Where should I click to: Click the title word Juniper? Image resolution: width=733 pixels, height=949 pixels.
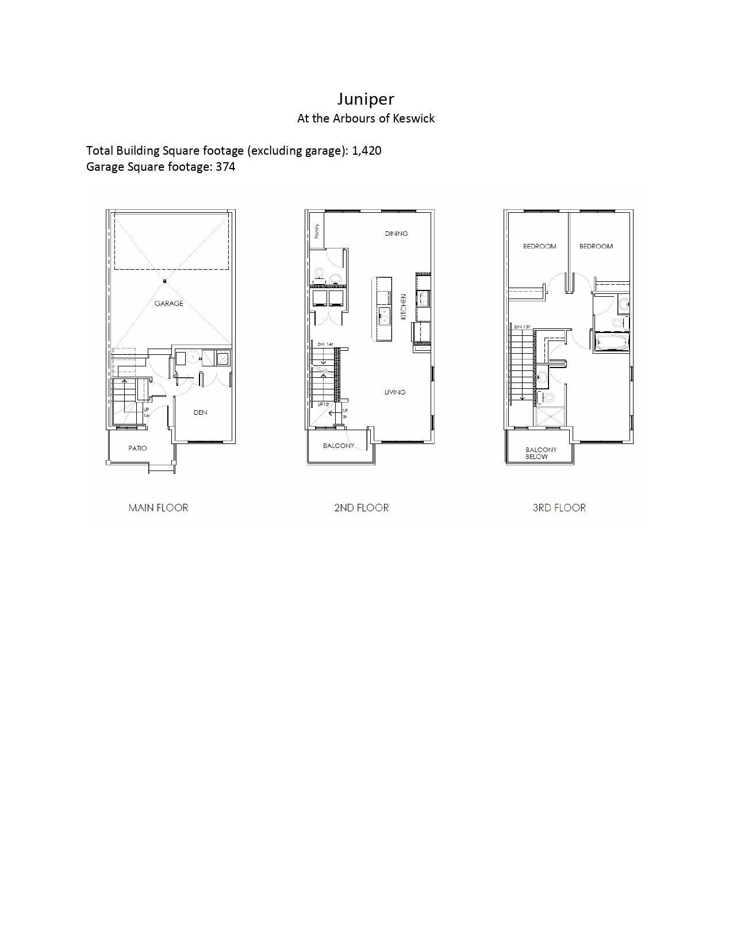(366, 99)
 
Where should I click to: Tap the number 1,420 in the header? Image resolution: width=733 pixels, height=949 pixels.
(366, 151)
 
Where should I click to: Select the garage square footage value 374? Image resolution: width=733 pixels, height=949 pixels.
(225, 167)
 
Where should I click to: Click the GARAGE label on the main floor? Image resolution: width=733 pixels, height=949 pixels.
(168, 304)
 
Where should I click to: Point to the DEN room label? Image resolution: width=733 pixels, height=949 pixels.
(200, 412)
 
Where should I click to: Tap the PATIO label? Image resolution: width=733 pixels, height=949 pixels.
(137, 448)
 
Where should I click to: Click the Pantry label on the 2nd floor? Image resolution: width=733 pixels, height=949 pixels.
(317, 231)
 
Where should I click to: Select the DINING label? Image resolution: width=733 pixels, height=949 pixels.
(396, 234)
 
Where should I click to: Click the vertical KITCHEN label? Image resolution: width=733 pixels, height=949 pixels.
(404, 307)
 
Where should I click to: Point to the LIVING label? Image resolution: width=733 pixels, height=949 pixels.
(395, 392)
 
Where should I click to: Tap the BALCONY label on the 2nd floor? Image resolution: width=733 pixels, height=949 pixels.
(338, 446)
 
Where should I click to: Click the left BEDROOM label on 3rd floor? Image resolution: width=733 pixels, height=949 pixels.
(539, 246)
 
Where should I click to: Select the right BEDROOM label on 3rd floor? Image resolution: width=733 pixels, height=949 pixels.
(596, 246)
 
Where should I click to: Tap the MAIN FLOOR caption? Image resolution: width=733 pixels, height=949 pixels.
(158, 508)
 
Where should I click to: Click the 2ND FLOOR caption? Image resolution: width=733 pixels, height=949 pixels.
(361, 508)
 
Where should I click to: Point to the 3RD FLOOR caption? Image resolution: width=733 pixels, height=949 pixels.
(559, 508)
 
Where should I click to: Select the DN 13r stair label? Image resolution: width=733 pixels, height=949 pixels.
(522, 327)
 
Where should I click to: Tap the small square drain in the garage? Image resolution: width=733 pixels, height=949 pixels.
(164, 281)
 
